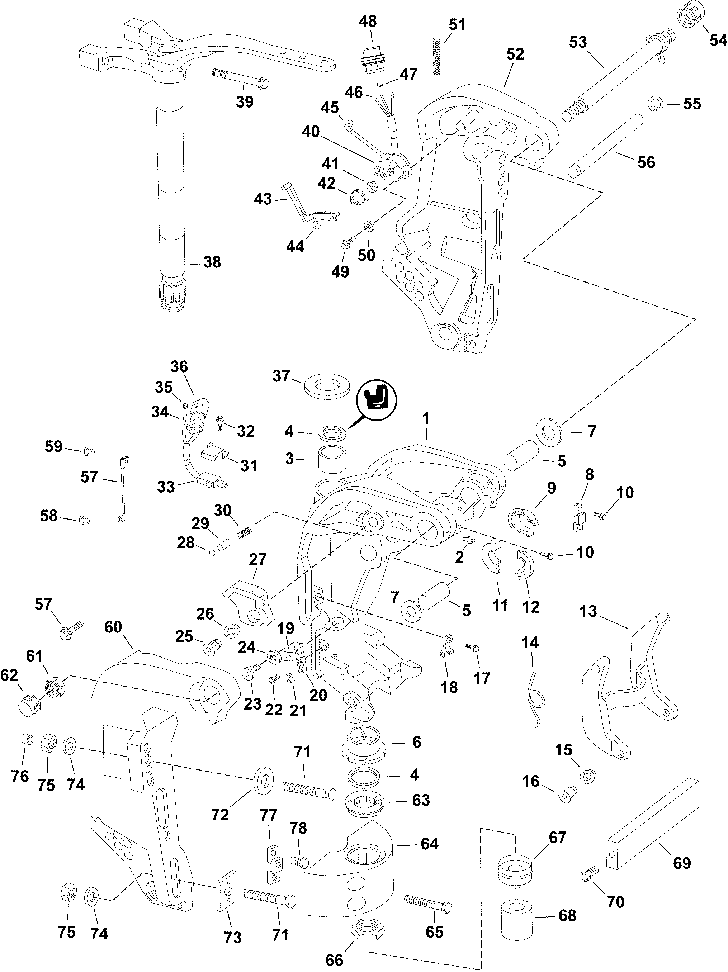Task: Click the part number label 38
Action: tap(212, 262)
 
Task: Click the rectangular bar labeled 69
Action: tap(652, 822)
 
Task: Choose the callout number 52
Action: tap(515, 54)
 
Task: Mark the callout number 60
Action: tap(113, 627)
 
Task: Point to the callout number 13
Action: tap(588, 611)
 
